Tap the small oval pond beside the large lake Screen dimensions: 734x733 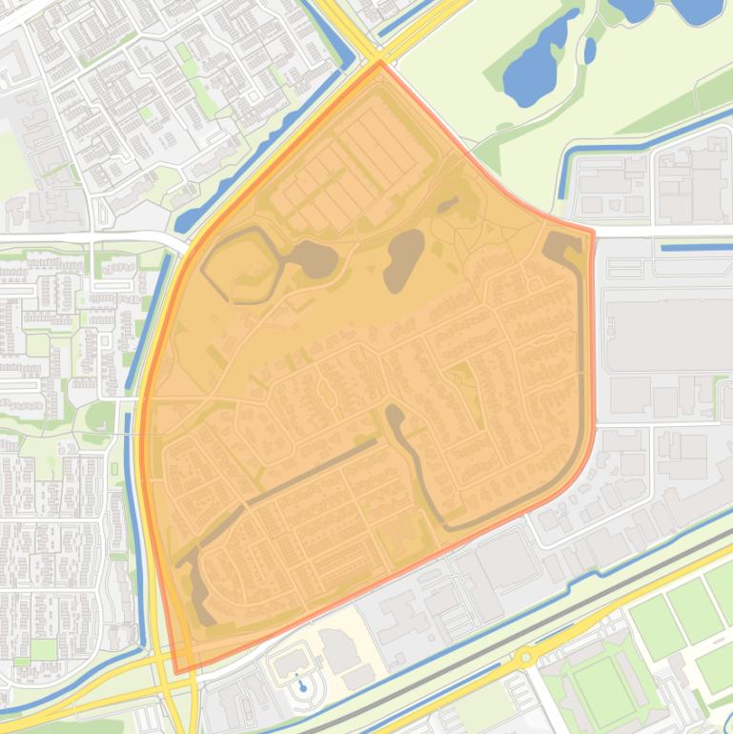pos(590,50)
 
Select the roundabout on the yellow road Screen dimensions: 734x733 pos(524,657)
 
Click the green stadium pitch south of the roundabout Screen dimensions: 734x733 pos(602,688)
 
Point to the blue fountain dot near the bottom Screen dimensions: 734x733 pos(302,684)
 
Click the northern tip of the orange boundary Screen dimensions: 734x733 pos(380,63)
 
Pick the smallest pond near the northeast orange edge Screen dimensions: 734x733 pos(446,205)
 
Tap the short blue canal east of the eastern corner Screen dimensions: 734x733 pos(696,248)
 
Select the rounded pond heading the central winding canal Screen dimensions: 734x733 pos(394,414)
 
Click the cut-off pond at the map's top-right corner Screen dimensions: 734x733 pos(701,10)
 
